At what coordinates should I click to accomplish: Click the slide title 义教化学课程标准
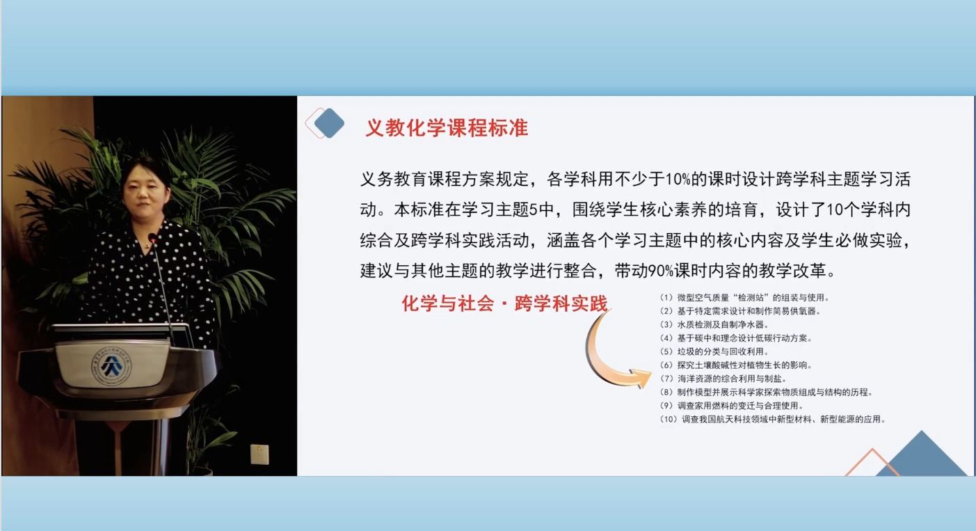tap(447, 128)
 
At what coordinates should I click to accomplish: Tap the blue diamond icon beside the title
tap(329, 123)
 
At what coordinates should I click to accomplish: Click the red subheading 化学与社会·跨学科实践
tap(504, 303)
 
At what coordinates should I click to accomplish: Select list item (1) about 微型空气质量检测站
tap(744, 298)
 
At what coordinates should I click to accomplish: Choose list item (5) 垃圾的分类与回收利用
tap(714, 352)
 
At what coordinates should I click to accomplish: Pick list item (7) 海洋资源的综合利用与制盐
tap(723, 379)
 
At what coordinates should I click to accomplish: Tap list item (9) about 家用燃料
tap(732, 406)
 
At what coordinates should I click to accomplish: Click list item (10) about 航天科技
tap(773, 420)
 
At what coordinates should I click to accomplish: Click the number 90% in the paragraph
tap(661, 271)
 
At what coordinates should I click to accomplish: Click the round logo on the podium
tap(111, 366)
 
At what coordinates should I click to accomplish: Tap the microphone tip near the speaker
tap(152, 238)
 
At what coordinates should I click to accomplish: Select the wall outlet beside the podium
tap(259, 454)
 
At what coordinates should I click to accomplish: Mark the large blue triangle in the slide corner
tap(921, 456)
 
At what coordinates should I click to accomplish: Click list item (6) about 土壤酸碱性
tap(736, 365)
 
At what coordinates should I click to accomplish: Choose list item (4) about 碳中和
tap(736, 338)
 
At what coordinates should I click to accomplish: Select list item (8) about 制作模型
tap(767, 393)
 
